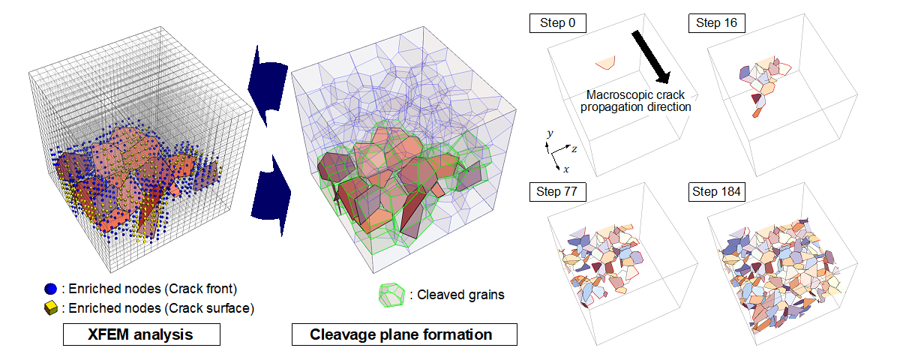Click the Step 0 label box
tap(558, 23)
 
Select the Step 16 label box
tap(717, 23)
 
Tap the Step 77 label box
tap(558, 192)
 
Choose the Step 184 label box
tap(717, 192)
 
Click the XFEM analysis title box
tap(142, 334)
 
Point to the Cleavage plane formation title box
tap(404, 334)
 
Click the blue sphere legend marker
tap(51, 289)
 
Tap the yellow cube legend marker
tap(51, 308)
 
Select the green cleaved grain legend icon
tap(391, 295)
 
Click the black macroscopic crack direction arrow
tap(651, 57)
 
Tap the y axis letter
tap(550, 133)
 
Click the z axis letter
tap(574, 149)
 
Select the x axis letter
tap(566, 169)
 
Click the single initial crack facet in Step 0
tap(606, 61)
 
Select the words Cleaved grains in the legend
tap(460, 295)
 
